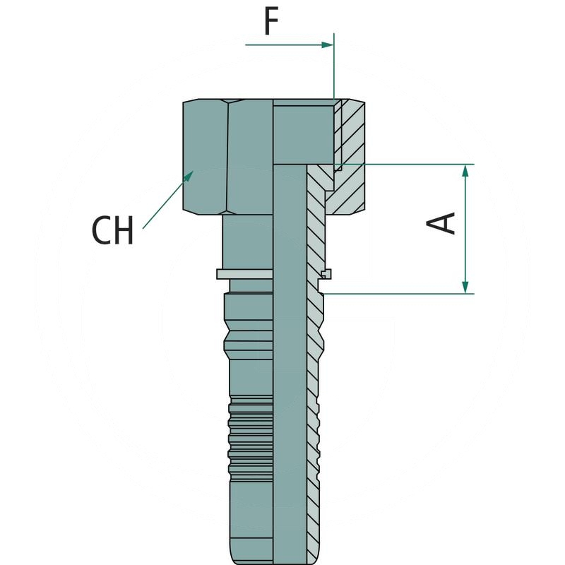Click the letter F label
pos(271,22)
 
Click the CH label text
pos(113,231)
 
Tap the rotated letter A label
pos(441,223)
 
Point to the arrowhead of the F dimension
pos(328,44)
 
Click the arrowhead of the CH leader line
pos(189,176)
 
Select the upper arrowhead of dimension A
pos(465,170)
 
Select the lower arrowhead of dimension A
pos(465,287)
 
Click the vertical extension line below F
pos(334,66)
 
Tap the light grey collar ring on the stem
pos(244,274)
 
